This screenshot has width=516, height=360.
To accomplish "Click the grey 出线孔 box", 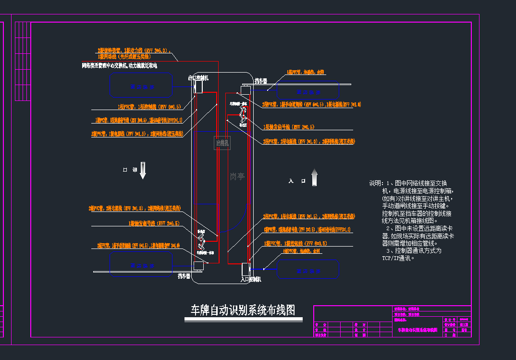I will click(222, 143).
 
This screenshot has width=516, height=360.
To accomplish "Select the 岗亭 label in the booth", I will click(237, 176).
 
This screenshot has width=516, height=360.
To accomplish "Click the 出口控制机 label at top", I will click(198, 77).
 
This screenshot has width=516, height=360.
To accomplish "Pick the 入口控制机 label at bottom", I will click(250, 279).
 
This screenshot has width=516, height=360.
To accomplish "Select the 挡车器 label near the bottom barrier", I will click(184, 276).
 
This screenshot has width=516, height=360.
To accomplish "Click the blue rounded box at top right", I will click(308, 91).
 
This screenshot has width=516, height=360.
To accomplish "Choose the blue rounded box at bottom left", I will click(141, 264).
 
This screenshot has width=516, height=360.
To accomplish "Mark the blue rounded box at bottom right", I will click(308, 270).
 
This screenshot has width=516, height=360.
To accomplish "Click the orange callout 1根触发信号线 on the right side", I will click(289, 127).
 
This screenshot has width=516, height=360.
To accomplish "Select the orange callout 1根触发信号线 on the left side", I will click(154, 223).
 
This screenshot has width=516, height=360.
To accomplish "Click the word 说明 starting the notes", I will click(376, 184).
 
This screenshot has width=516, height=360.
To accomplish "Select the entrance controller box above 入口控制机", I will click(246, 269).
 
